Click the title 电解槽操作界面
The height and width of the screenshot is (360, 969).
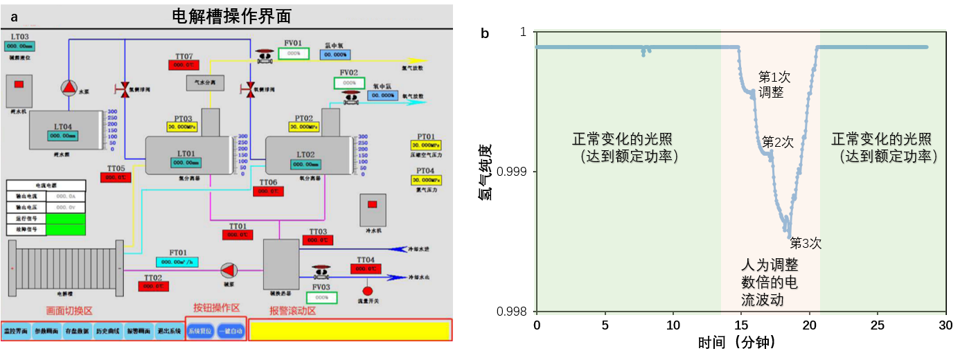(x=231, y=16)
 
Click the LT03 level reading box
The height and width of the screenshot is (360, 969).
(x=19, y=46)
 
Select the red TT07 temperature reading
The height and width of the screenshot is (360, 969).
(x=184, y=65)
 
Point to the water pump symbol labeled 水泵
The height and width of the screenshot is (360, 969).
(x=69, y=87)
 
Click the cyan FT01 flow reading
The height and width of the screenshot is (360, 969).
(x=178, y=262)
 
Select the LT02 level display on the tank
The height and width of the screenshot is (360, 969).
(x=306, y=164)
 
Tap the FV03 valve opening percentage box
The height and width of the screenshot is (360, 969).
(x=321, y=298)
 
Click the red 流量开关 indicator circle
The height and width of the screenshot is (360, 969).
(x=368, y=290)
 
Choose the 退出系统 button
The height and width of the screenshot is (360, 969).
(x=169, y=331)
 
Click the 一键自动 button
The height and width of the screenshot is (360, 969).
(x=231, y=331)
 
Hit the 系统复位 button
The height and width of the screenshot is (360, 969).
(x=201, y=331)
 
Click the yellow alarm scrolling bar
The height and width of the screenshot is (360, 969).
(x=349, y=330)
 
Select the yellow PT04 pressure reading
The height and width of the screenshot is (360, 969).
(x=425, y=180)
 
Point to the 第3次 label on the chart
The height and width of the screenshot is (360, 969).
(x=806, y=244)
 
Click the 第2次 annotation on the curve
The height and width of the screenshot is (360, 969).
(x=778, y=142)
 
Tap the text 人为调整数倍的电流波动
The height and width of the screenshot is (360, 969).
(x=770, y=282)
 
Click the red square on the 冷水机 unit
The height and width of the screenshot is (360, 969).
(x=372, y=204)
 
